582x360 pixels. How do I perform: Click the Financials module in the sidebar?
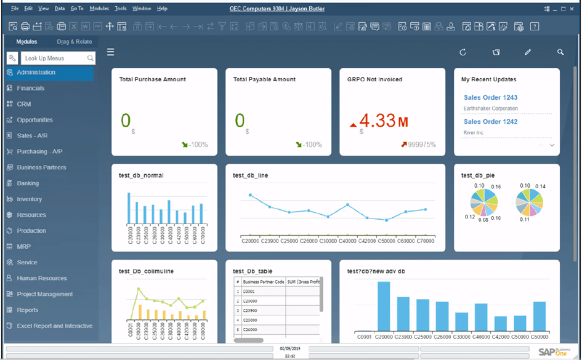[30, 88]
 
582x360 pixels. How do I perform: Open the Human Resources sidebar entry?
[41, 278]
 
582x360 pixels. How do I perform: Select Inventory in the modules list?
[29, 199]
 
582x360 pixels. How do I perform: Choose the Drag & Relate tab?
[74, 42]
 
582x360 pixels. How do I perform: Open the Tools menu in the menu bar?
[121, 9]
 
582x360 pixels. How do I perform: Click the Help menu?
[162, 9]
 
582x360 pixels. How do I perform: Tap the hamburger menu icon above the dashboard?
[111, 52]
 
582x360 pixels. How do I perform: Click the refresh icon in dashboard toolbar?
[463, 52]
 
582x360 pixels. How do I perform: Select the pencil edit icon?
[528, 52]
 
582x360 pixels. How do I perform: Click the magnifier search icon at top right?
[560, 52]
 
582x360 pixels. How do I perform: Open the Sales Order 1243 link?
[490, 97]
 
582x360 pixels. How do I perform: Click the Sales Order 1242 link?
[490, 121]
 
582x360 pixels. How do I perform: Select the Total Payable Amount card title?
[264, 79]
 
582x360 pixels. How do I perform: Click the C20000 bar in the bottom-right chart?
[384, 306]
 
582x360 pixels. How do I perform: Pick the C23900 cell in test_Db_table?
[250, 302]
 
